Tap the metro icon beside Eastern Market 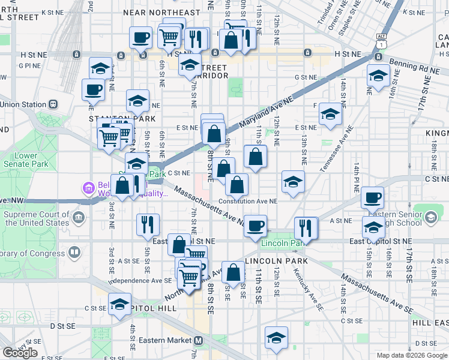tap(199, 340)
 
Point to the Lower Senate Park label tap(25, 160)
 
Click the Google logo tap(20, 353)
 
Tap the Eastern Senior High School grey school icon tap(430, 217)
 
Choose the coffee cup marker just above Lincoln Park tap(256, 226)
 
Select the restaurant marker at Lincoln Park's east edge tap(306, 228)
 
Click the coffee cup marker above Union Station tap(93, 90)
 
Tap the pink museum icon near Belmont tap(88, 188)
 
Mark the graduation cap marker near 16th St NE tap(378, 76)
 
